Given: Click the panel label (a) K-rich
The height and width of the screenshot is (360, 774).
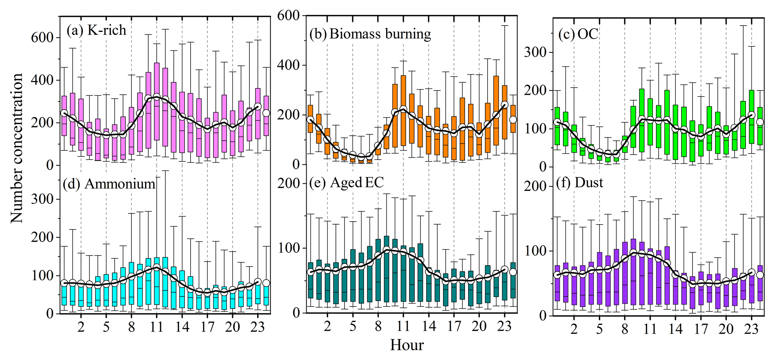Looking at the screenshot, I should (x=97, y=30).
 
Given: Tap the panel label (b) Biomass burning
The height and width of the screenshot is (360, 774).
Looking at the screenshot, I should (x=370, y=34).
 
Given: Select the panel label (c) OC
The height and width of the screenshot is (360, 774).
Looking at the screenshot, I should (x=578, y=34).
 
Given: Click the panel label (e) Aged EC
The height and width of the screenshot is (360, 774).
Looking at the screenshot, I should (x=347, y=183).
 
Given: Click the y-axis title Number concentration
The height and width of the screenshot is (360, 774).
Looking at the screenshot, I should (x=17, y=148).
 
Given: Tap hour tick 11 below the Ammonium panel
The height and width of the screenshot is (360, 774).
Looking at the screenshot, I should (x=157, y=327).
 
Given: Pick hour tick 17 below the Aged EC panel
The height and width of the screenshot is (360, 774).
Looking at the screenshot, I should (x=454, y=327).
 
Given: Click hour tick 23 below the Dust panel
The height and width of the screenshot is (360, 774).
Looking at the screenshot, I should (x=751, y=329).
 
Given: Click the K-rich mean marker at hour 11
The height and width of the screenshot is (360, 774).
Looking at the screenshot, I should (x=157, y=97).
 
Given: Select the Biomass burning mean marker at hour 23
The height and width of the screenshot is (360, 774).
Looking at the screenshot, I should (x=504, y=105).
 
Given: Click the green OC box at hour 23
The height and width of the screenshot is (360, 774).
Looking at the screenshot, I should (x=751, y=116).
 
